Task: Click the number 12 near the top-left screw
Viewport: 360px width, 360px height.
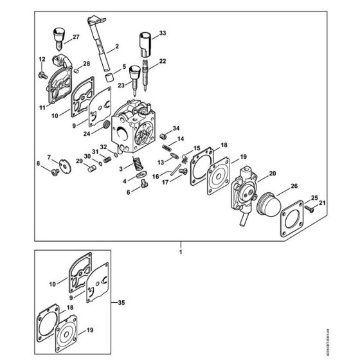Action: pos(41,60)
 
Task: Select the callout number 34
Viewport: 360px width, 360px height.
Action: pos(176,129)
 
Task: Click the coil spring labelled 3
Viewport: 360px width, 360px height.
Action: pos(136,164)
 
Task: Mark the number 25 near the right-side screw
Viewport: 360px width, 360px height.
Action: pos(314,197)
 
